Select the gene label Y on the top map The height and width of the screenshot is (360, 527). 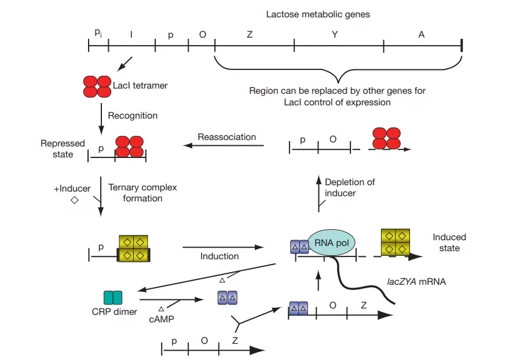pyautogui.click(x=335, y=35)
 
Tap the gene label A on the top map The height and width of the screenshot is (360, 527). pyautogui.click(x=422, y=35)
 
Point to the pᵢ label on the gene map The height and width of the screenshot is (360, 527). pyautogui.click(x=98, y=33)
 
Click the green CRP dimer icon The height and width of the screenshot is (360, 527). pyautogui.click(x=113, y=297)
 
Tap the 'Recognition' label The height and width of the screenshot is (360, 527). pyautogui.click(x=133, y=116)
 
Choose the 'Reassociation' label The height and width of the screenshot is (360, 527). pyautogui.click(x=226, y=137)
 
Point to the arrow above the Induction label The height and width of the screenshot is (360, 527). pyautogui.click(x=219, y=247)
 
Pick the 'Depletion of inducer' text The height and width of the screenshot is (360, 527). pyautogui.click(x=350, y=188)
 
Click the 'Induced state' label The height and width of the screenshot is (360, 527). pyautogui.click(x=449, y=243)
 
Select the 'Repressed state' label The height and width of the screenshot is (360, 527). pyautogui.click(x=63, y=149)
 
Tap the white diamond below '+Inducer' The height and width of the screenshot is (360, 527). pyautogui.click(x=74, y=200)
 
